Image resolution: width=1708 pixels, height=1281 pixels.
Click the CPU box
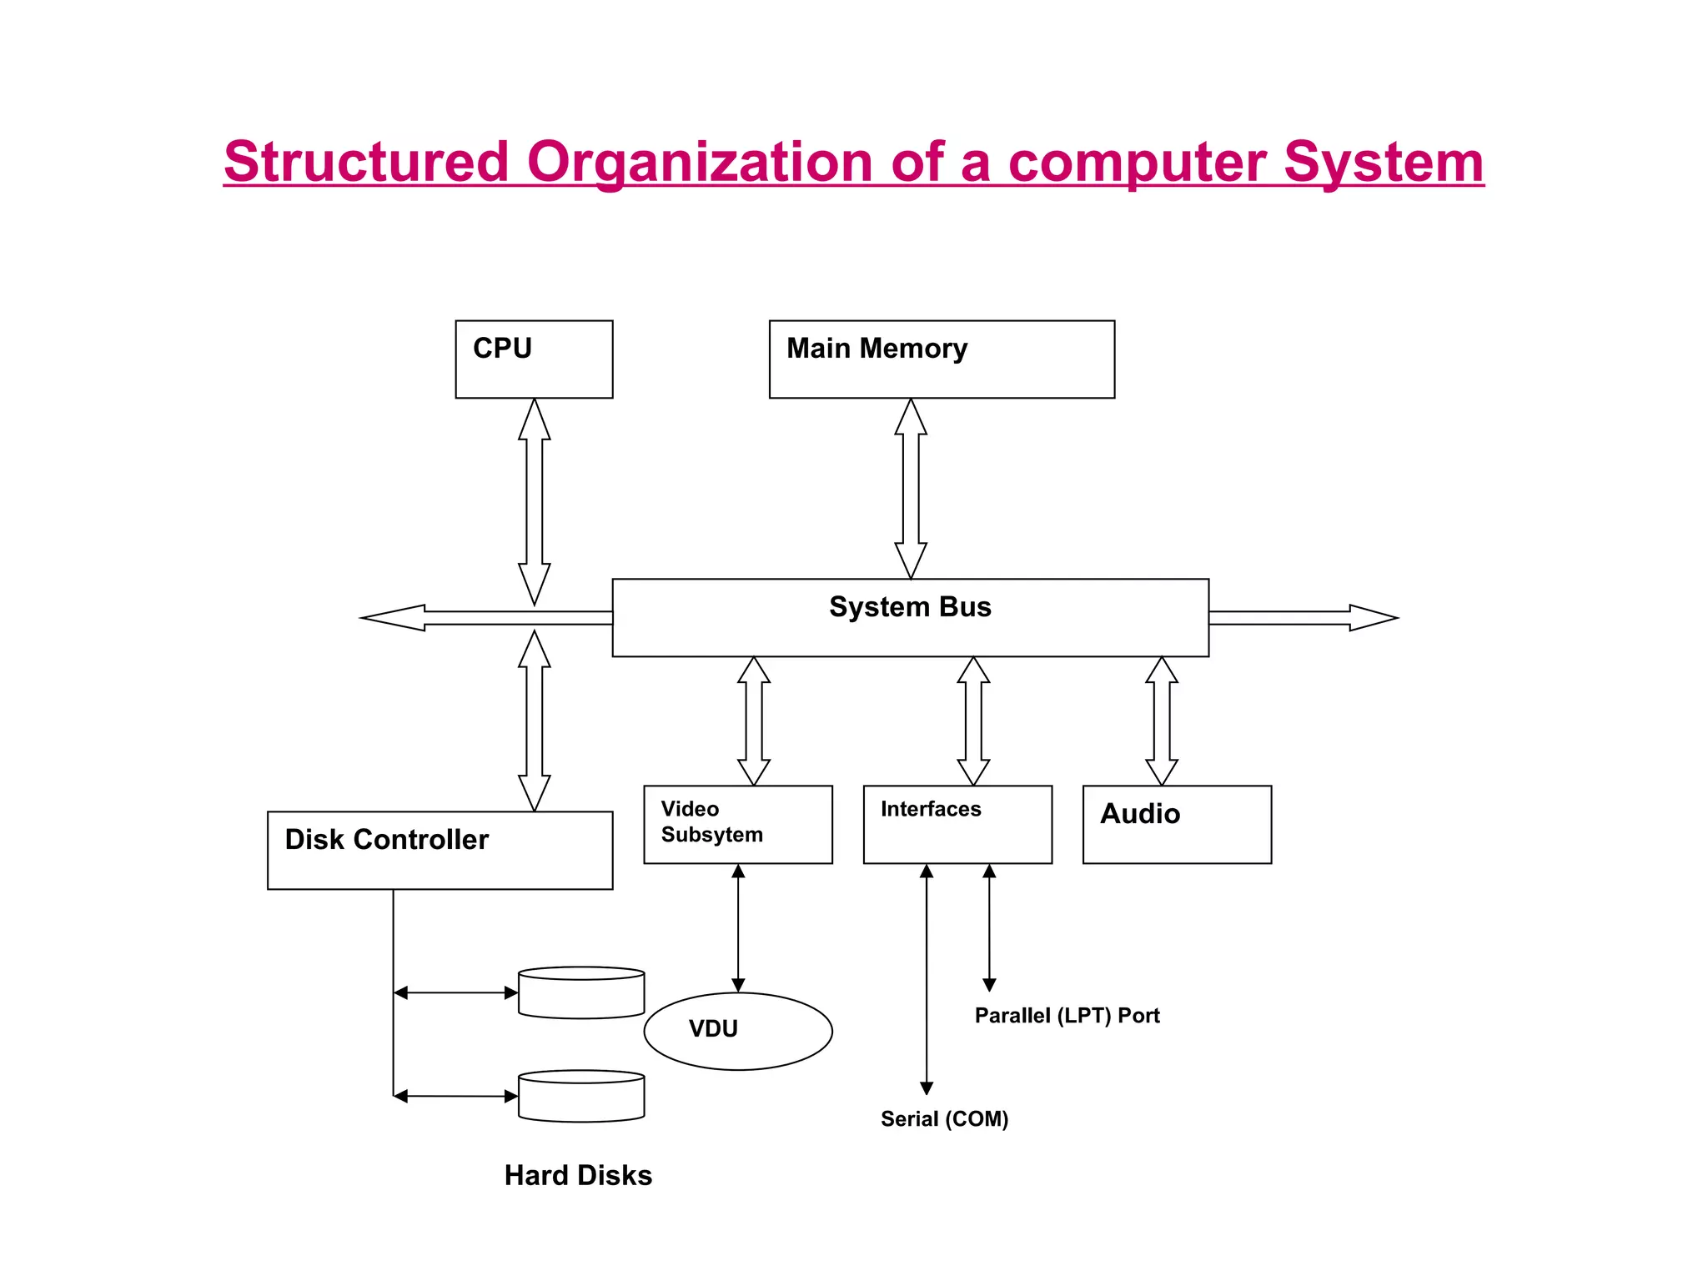coord(534,359)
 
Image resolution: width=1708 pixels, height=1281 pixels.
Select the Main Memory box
coord(942,359)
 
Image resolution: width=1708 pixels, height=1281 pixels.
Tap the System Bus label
coord(910,607)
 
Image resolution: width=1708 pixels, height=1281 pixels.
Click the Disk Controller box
coord(440,850)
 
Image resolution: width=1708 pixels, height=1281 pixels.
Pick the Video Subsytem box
coord(738,824)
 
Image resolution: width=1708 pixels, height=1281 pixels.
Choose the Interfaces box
coord(957,824)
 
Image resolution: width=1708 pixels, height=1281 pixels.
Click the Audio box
coord(1177,824)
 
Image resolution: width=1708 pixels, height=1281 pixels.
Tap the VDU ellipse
coord(738,1031)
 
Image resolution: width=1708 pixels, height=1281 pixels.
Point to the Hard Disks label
coord(578,1175)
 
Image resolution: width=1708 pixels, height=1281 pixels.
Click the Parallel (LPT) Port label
coord(1067,1016)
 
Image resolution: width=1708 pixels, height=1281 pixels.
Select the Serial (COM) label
coord(944,1119)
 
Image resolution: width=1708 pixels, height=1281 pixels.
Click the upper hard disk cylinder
coord(581,992)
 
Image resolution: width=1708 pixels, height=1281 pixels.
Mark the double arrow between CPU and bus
coord(535,500)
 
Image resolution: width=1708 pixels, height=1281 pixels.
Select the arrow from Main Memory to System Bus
coord(911,488)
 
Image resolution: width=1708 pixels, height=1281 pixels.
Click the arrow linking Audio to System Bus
coord(1162,721)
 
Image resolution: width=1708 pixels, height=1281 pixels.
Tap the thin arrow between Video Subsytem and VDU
coord(738,927)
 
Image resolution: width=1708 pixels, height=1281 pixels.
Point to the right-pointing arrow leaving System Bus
coord(1301,618)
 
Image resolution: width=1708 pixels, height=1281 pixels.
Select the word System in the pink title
coord(1383,162)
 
